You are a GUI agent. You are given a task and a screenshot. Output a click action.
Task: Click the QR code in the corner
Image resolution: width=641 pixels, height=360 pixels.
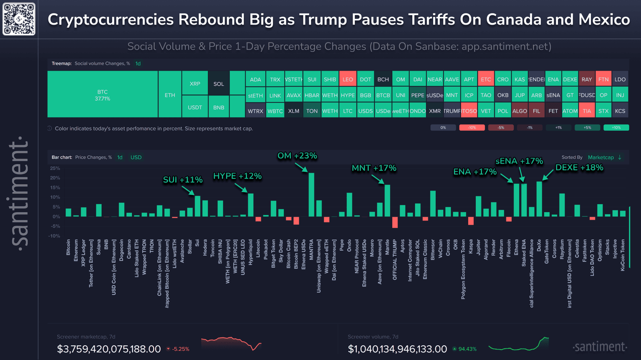19,19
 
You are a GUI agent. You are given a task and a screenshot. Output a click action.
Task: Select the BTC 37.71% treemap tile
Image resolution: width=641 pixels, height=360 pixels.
103,94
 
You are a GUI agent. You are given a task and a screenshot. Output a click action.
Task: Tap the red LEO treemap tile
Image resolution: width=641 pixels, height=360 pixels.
348,79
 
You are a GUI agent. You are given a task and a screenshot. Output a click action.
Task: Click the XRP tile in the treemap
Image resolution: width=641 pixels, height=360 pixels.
195,83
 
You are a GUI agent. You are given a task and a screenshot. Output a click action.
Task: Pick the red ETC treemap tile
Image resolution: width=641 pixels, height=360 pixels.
486,79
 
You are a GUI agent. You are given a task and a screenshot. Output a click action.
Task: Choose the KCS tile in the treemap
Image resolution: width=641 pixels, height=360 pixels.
620,111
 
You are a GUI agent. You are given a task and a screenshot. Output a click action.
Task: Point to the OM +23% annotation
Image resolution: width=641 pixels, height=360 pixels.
297,156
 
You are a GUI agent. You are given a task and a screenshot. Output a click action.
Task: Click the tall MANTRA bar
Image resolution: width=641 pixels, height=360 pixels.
311,195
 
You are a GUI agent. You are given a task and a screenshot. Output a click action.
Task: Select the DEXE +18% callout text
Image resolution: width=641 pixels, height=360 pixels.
579,167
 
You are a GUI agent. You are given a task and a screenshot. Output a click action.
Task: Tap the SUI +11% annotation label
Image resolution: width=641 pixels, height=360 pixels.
182,180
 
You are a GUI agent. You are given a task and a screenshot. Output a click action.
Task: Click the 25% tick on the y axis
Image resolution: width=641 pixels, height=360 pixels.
55,168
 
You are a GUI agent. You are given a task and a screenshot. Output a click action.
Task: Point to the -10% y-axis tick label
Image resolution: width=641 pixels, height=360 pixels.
54,236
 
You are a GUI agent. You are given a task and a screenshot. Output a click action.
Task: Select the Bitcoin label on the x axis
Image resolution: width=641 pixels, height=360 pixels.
68,247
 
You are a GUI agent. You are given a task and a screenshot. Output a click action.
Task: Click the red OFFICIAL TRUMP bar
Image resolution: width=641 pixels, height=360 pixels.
395,222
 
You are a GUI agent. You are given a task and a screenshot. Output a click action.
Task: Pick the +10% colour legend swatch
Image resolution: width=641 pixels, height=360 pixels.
616,127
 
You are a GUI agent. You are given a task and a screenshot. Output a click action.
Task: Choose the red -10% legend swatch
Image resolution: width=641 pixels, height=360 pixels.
472,127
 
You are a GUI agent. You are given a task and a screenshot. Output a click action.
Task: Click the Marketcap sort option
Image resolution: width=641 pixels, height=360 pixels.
601,157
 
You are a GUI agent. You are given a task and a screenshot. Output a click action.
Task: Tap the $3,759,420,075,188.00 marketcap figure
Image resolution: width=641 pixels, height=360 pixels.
109,349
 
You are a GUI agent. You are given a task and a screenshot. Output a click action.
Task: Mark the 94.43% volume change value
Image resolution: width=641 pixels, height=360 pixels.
467,349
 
